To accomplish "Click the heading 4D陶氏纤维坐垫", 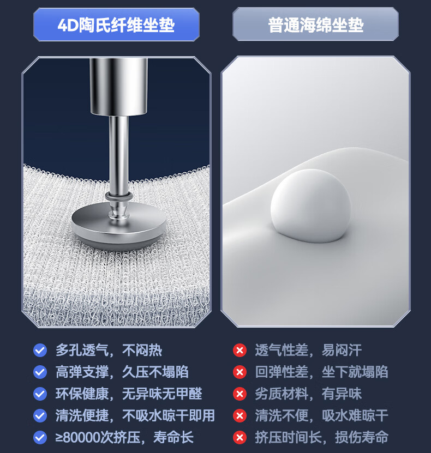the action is [x=116, y=25].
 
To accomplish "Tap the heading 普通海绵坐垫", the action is [x=316, y=25].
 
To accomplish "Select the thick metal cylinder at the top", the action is [x=118, y=87].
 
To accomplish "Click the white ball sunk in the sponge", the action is [x=311, y=205].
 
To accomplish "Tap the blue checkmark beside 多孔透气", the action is [x=40, y=350].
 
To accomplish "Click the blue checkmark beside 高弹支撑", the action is [x=40, y=372].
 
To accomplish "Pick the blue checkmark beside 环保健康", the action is [x=40, y=394].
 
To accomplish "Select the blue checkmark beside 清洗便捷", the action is [x=40, y=415].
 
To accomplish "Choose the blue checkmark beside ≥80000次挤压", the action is [x=40, y=437].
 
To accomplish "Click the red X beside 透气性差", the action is [x=240, y=350].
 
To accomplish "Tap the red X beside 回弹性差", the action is [x=240, y=372].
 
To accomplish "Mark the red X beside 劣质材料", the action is [x=240, y=394].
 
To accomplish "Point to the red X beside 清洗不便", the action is [x=240, y=415].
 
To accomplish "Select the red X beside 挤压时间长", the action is [x=240, y=437].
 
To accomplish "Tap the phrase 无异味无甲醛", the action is [x=162, y=394].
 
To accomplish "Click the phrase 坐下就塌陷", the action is [x=355, y=372].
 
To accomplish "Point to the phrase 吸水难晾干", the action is [x=355, y=415].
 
